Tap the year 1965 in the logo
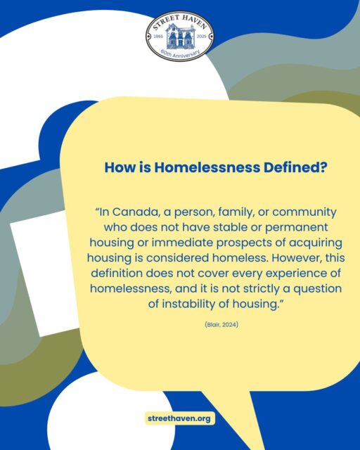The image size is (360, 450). click(159, 35)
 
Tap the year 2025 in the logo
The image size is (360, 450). click(202, 35)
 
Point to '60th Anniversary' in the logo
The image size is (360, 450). click(180, 52)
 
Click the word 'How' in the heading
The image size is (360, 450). click(120, 168)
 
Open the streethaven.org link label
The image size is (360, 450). click(179, 418)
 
